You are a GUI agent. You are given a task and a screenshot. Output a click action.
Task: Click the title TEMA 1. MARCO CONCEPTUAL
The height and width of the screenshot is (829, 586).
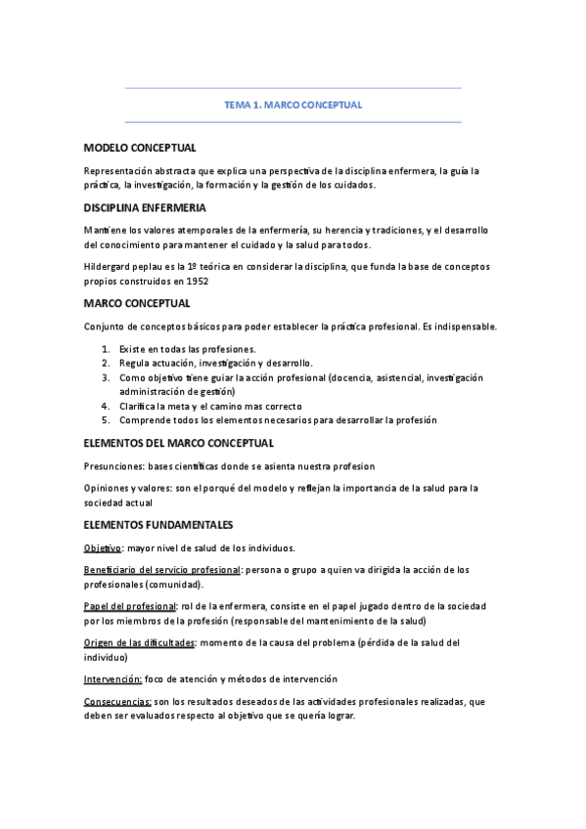pyautogui.click(x=293, y=105)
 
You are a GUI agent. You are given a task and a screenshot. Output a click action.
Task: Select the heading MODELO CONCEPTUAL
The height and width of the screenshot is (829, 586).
pyautogui.click(x=140, y=148)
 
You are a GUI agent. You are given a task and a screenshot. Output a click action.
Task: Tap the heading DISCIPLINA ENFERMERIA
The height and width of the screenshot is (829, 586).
pyautogui.click(x=145, y=208)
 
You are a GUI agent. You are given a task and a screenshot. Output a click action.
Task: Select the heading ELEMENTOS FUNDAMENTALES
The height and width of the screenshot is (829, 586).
pyautogui.click(x=158, y=525)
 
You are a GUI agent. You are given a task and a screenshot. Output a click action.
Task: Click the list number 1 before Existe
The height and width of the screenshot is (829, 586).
pyautogui.click(x=105, y=348)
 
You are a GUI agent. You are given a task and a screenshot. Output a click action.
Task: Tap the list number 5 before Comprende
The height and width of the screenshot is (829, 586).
pyautogui.click(x=105, y=419)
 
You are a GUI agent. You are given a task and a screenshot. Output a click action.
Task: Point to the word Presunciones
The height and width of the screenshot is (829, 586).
pyautogui.click(x=116, y=466)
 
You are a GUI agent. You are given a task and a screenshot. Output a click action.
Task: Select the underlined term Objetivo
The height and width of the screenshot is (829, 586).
pyautogui.click(x=103, y=547)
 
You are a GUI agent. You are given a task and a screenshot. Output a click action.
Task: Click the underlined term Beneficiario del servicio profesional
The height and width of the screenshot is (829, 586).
pyautogui.click(x=162, y=569)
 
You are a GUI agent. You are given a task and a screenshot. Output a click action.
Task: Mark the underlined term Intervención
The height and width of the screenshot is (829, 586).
pyautogui.click(x=113, y=678)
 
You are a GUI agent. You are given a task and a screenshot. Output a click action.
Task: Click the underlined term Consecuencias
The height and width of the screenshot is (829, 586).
pyautogui.click(x=117, y=701)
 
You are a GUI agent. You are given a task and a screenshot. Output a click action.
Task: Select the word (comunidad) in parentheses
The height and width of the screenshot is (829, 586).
pyautogui.click(x=174, y=584)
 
